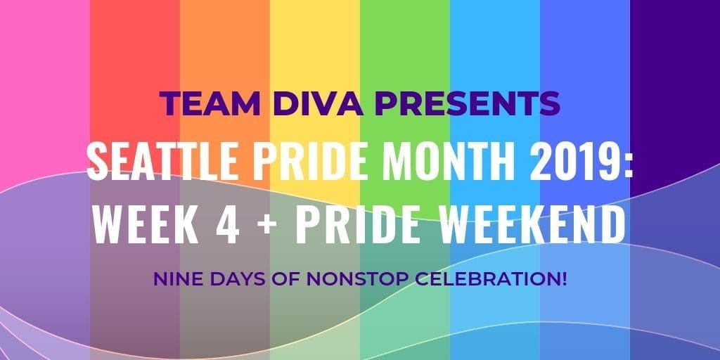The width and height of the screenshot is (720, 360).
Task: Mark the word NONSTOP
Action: click(x=342, y=279)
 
